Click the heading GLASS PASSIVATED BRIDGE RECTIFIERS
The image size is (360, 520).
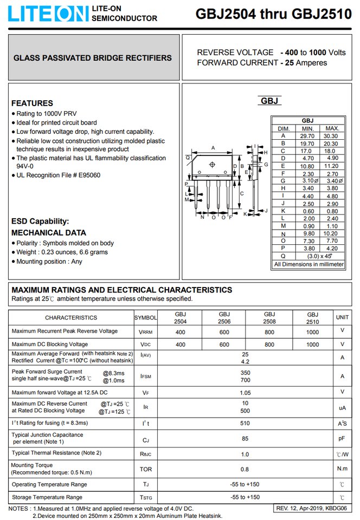(92, 58)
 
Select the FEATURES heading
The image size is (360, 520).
(32, 103)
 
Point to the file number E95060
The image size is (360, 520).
(89, 175)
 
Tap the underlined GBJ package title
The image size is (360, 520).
(269, 101)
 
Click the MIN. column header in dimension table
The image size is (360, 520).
(307, 128)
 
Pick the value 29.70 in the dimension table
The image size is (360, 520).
(307, 136)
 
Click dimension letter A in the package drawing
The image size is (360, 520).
(213, 148)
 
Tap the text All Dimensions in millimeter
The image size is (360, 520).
(308, 264)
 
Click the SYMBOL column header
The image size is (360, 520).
(145, 317)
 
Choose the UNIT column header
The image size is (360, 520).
(342, 317)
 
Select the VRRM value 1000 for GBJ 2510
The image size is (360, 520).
(312, 332)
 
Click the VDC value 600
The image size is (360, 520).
(224, 344)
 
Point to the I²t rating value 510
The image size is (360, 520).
(245, 423)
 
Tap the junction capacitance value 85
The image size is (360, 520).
(245, 439)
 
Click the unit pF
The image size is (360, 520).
(342, 439)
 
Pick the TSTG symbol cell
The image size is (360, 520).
(145, 497)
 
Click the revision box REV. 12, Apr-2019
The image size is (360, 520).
(311, 509)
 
